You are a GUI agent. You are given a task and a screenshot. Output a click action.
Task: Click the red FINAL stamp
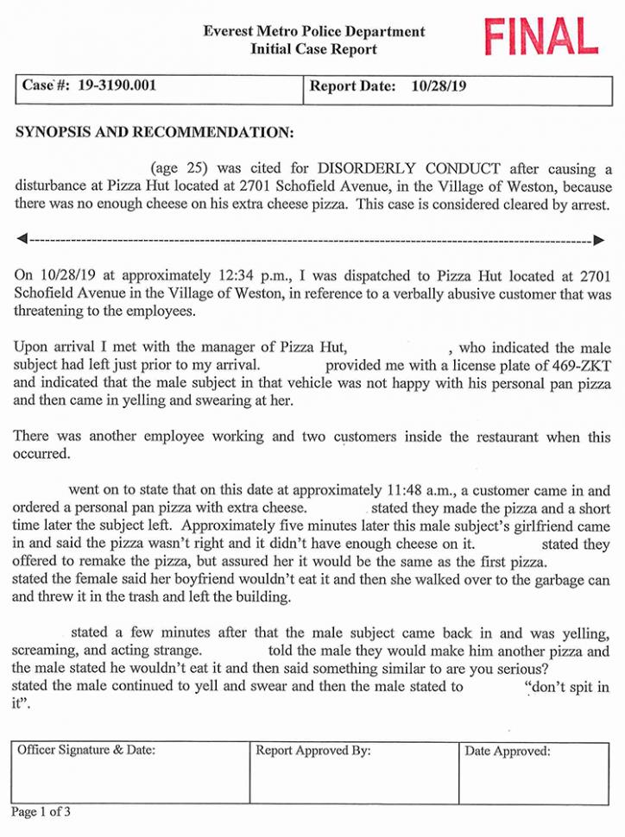[x=541, y=37]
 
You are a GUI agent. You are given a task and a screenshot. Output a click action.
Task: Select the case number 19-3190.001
[x=117, y=86]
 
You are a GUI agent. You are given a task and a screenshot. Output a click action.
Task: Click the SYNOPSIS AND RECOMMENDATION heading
[x=155, y=134]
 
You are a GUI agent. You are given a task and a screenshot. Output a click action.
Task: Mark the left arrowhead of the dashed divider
[x=22, y=238]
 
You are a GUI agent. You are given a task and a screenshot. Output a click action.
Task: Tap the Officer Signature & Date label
[x=86, y=751]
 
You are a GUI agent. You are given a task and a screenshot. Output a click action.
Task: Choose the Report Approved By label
[x=312, y=751]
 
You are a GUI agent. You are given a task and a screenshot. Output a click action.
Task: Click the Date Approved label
[x=507, y=752]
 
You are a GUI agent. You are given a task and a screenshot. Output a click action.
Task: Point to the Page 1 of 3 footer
[x=41, y=812]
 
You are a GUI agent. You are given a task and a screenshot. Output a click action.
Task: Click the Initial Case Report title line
[x=313, y=49]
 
